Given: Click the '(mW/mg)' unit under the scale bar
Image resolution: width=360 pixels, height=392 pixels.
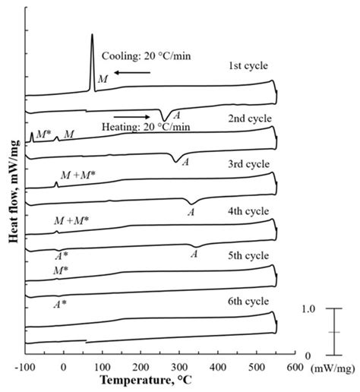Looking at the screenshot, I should point(334,365).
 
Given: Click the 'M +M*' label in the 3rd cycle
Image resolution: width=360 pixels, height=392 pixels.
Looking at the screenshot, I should point(72,176).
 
